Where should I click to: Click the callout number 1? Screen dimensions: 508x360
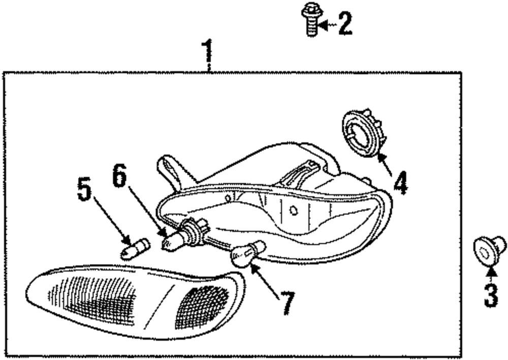click(207, 52)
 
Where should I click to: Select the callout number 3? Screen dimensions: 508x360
click(491, 296)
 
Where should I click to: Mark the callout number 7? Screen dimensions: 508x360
click(287, 303)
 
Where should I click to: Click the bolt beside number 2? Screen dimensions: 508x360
click(309, 19)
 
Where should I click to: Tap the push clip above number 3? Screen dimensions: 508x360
click(489, 250)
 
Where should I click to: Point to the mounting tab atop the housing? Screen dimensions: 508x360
click(170, 170)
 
